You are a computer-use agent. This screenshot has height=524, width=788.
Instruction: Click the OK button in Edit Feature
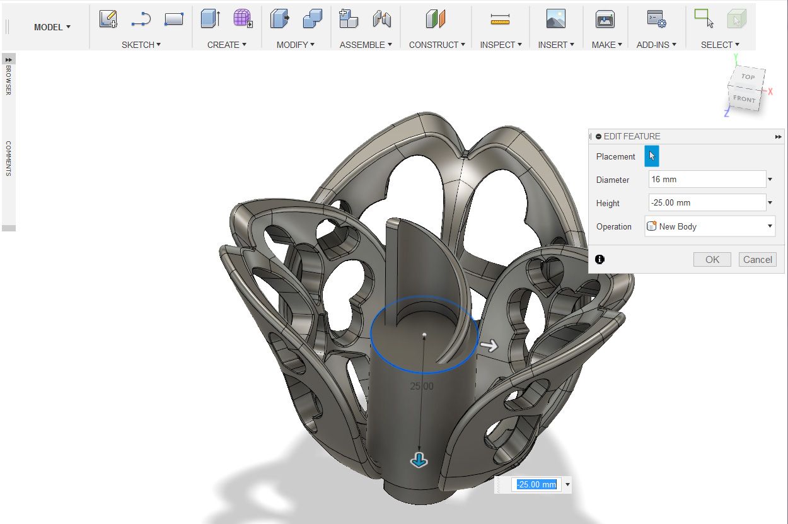click(x=712, y=259)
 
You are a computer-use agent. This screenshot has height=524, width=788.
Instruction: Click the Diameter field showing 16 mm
click(x=707, y=179)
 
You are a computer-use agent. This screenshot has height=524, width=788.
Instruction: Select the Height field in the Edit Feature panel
click(x=707, y=202)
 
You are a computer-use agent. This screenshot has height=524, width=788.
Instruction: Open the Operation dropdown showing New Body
click(x=710, y=226)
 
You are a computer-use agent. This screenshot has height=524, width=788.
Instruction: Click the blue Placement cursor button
click(x=652, y=156)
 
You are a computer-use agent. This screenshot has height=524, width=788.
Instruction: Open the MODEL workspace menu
click(x=52, y=27)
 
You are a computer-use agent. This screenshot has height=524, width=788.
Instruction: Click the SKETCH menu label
click(x=141, y=45)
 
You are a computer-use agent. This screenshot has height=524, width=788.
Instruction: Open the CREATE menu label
click(x=226, y=45)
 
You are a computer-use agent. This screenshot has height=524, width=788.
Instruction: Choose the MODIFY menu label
click(x=295, y=45)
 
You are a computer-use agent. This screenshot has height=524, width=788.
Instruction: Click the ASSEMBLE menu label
click(x=366, y=45)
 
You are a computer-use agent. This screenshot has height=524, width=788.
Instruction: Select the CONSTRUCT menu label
click(x=436, y=45)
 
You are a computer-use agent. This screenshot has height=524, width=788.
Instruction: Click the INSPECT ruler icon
click(x=500, y=20)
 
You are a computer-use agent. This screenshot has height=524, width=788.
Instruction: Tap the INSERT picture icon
click(x=555, y=20)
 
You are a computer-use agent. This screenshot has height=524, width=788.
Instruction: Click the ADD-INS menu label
click(x=656, y=45)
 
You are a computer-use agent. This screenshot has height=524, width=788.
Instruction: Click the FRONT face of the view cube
click(x=744, y=100)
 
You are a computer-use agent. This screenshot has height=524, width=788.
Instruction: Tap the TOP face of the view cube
click(x=748, y=77)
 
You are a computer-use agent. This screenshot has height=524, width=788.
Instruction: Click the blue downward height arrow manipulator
click(x=419, y=461)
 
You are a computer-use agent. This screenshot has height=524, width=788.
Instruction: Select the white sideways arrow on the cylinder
click(x=489, y=345)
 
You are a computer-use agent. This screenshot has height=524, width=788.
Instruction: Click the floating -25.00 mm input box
click(x=536, y=484)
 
